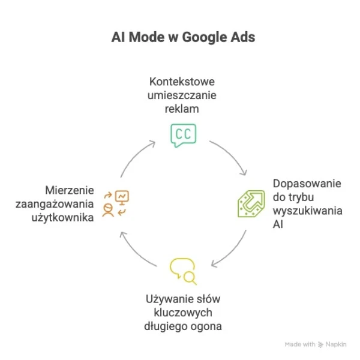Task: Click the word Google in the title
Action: coord(205,37)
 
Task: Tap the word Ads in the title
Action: coord(243,37)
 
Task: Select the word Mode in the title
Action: coord(147,37)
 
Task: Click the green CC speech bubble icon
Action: coord(184,136)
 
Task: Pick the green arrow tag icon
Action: coord(251,203)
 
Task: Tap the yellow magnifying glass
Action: coord(190,278)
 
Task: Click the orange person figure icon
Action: coord(108,210)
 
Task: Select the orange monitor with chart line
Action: coord(122,197)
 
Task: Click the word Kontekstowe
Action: coord(182,82)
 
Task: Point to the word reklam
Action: coord(182,109)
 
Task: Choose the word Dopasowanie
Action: coord(307,184)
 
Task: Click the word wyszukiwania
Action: coord(308,211)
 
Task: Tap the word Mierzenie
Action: coord(70,190)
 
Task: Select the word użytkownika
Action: coord(62,218)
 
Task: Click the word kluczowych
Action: coord(183,313)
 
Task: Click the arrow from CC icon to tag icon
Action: coord(232,155)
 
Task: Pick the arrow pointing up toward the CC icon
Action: coord(135,155)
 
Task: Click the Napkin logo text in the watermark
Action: coord(336,344)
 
